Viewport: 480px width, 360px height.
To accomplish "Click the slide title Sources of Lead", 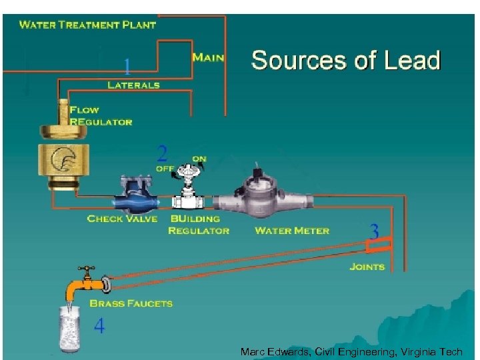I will pyautogui.click(x=345, y=60).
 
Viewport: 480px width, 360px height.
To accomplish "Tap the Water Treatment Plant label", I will pyautogui.click(x=87, y=25).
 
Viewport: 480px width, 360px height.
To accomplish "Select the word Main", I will pyautogui.click(x=208, y=57).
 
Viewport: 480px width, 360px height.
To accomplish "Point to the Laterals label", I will pyautogui.click(x=133, y=85).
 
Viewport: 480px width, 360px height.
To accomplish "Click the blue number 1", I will pyautogui.click(x=127, y=66).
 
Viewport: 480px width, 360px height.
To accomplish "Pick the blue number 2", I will pyautogui.click(x=162, y=154).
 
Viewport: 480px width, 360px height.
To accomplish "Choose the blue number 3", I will pyautogui.click(x=374, y=232).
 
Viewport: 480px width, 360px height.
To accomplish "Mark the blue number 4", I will pyautogui.click(x=99, y=327).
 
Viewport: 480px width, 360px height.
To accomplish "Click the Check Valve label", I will pyautogui.click(x=122, y=219).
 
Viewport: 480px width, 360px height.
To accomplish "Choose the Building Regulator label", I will pyautogui.click(x=198, y=225).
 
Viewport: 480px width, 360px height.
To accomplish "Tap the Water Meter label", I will pyautogui.click(x=292, y=231).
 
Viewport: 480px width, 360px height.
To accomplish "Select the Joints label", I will pyautogui.click(x=367, y=267).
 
